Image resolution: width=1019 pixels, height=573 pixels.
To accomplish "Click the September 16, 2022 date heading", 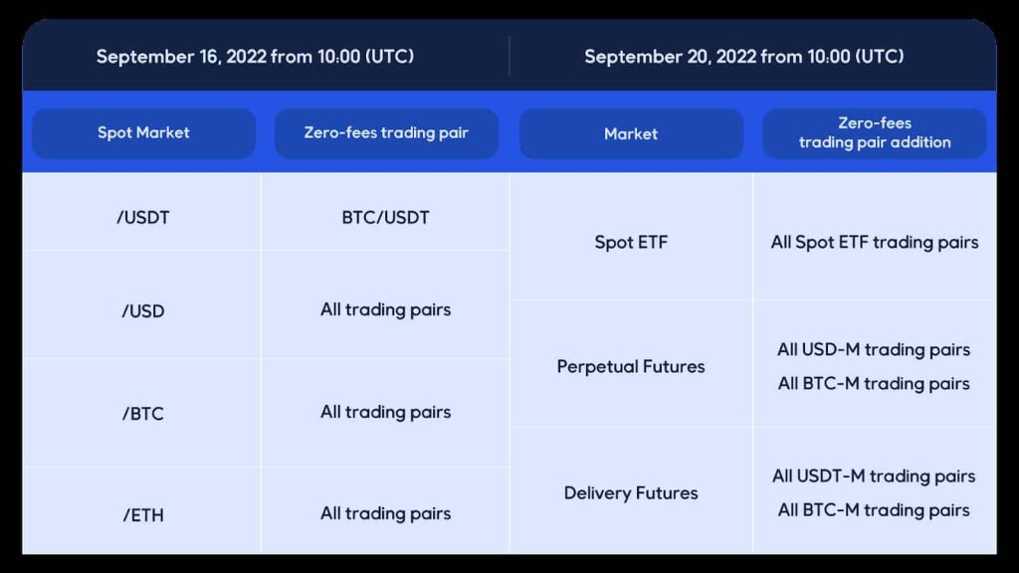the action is [x=255, y=57].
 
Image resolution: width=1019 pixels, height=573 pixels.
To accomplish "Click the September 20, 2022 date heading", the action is [x=744, y=57].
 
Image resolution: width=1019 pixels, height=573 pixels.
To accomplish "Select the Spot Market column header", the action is [x=143, y=133].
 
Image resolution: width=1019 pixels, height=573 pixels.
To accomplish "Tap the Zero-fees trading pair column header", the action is [x=386, y=133].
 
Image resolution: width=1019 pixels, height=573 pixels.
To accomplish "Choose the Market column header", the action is [x=631, y=134].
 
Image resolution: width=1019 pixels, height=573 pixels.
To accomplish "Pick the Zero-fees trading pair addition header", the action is [x=875, y=133].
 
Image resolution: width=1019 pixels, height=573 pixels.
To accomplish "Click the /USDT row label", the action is [x=143, y=218].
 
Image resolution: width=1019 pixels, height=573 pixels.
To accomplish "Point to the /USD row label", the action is [x=143, y=311].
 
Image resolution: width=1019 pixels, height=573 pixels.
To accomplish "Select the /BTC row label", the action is [x=143, y=414].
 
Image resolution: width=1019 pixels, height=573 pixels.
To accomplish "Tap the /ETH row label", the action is [x=143, y=515].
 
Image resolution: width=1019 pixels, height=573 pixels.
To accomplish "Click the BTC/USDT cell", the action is [x=385, y=218].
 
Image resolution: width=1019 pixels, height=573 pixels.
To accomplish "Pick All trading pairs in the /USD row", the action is [x=385, y=310].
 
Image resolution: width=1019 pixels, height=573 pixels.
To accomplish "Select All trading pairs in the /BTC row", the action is [x=385, y=412].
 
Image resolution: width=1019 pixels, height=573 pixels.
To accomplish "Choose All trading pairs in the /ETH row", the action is [x=385, y=513].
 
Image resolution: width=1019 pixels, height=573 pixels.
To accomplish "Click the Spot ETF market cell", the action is [x=631, y=243].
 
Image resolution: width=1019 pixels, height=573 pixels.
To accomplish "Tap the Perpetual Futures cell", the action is [x=631, y=366].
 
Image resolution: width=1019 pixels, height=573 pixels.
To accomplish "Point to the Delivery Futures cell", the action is [x=631, y=493].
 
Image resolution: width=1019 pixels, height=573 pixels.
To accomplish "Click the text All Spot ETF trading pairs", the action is [x=875, y=243].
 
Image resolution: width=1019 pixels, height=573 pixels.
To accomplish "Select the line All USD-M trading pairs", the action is [x=874, y=349].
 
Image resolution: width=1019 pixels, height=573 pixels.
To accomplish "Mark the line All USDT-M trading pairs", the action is [x=874, y=477].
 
